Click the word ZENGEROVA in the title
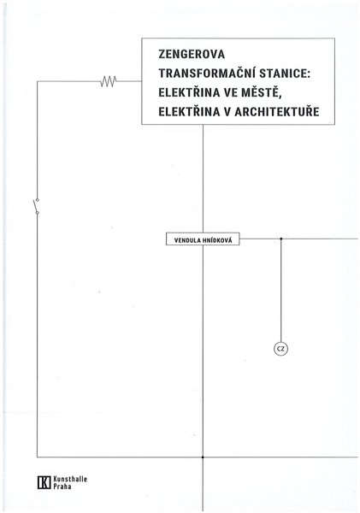tap(192, 55)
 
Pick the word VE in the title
tap(231, 93)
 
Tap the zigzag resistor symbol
tap(109, 81)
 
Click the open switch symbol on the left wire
tap(36, 206)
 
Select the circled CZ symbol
tap(280, 349)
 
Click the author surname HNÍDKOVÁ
tap(217, 240)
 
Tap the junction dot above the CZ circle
tap(280, 239)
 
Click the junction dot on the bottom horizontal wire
tap(203, 457)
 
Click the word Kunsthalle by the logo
tap(70, 480)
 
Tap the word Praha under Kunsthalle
tap(62, 486)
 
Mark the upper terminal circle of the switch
tap(37, 199)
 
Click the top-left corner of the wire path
tap(37, 81)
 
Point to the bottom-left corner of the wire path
tap(37, 457)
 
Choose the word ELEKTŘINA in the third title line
tap(189, 92)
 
